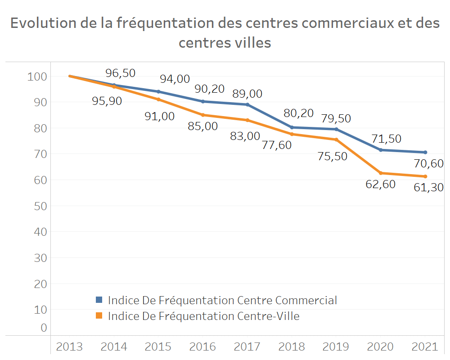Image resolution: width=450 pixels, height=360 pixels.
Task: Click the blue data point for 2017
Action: coord(247,104)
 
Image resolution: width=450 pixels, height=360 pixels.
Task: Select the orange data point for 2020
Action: coord(381,173)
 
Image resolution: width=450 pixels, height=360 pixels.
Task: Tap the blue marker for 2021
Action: coord(425,152)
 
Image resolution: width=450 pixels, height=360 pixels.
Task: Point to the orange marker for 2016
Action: coord(203,115)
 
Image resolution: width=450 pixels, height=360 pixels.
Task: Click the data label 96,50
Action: coord(120,73)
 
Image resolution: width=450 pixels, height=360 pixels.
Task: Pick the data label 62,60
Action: coord(381,184)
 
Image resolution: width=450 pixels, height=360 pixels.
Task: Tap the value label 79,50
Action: coord(336,118)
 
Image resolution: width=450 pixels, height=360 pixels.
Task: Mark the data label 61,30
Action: coord(428,187)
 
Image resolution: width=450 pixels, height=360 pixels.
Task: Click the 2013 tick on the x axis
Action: coord(69,346)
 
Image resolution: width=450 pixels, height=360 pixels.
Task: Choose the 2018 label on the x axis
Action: coord(292,346)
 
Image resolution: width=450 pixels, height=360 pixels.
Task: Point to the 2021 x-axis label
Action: coord(425,346)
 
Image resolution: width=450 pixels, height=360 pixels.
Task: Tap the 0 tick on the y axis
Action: coord(44,328)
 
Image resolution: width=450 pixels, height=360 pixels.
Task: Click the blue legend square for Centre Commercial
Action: coord(99,300)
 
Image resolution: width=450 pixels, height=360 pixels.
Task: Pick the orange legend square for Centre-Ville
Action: coord(99,316)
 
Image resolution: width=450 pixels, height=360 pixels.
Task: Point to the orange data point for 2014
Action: coord(114,86)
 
